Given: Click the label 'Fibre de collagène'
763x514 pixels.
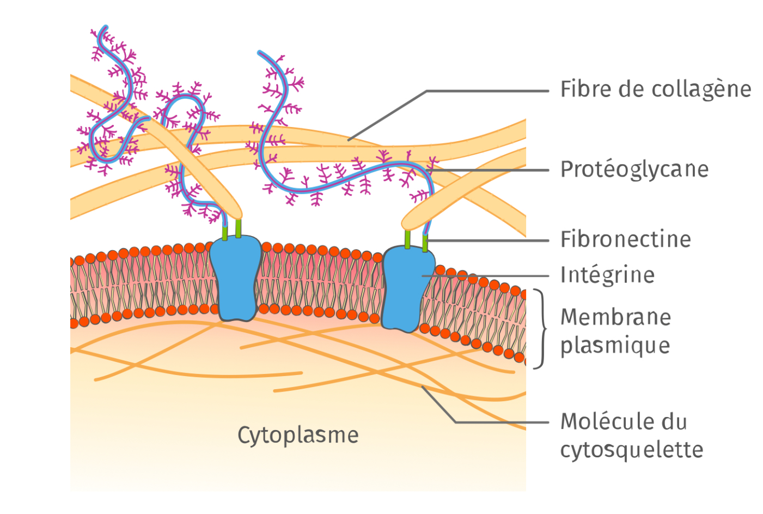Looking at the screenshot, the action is click(x=655, y=89).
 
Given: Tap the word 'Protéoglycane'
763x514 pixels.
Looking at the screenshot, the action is click(x=634, y=170).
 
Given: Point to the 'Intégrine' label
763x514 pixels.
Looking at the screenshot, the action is click(x=607, y=275).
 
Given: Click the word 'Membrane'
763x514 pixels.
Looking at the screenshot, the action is click(x=615, y=317).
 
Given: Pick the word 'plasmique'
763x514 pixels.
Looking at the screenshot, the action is click(x=615, y=346).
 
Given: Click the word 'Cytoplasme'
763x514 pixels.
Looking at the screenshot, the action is click(x=298, y=436).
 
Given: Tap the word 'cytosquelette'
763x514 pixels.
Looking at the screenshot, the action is click(x=632, y=450).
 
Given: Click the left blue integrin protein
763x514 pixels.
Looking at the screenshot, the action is click(x=236, y=279).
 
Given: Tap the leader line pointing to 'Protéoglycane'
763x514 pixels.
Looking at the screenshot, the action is click(x=487, y=170).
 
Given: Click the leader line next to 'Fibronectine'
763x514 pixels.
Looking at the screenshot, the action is click(x=487, y=240).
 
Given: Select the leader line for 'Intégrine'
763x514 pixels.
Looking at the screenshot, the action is click(x=485, y=276).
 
